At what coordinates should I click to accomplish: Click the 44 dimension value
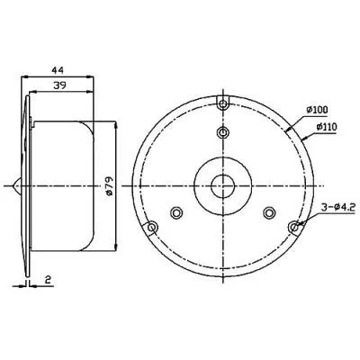click(x=58, y=70)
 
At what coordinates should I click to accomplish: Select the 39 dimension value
click(x=59, y=85)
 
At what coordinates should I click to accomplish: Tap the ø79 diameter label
click(x=109, y=186)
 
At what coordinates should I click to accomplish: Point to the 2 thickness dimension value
click(x=48, y=280)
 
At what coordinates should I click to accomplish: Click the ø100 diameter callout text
click(x=317, y=110)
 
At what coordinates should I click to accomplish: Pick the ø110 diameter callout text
click(x=326, y=127)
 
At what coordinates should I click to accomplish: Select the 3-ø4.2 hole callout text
click(x=337, y=207)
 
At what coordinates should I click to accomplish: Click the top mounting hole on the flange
click(x=222, y=104)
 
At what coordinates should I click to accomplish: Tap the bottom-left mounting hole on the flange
click(x=152, y=228)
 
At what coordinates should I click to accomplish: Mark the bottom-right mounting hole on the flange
click(x=294, y=227)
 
